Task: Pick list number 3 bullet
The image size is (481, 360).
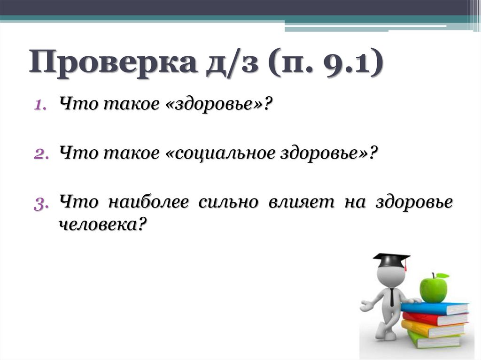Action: coord(40,204)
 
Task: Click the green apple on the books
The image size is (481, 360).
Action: coord(433,289)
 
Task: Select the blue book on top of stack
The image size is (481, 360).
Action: coord(434,308)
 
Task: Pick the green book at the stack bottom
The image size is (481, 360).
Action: coord(434,340)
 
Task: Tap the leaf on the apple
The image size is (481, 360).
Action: coord(442,276)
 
